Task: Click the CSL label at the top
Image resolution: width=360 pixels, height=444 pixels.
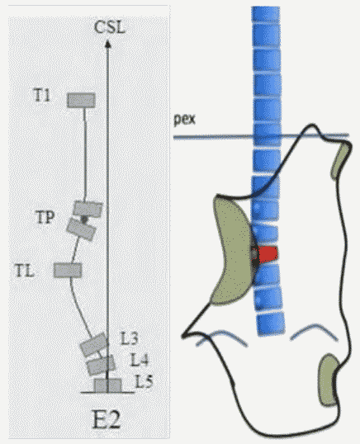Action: (x=109, y=28)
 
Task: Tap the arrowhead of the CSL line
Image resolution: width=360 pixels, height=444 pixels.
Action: (x=107, y=44)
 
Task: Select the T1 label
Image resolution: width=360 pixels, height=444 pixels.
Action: (x=42, y=96)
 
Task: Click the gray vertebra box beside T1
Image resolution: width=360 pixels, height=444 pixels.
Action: (x=81, y=100)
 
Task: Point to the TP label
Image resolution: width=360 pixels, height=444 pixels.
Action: (x=45, y=218)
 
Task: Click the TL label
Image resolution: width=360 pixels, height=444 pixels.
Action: (x=25, y=271)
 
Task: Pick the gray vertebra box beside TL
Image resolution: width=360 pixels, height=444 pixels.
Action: (x=68, y=270)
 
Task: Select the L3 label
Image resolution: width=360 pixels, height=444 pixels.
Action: (x=129, y=338)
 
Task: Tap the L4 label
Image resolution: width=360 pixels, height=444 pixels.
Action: (x=139, y=360)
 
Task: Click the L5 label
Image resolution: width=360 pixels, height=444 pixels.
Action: (x=144, y=381)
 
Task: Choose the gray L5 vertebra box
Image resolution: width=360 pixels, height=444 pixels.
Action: (x=107, y=385)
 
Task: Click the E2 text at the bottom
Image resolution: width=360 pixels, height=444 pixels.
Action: (x=107, y=419)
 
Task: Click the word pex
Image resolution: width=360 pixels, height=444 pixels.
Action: (x=184, y=120)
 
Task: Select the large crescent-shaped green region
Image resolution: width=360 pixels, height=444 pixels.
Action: (x=232, y=251)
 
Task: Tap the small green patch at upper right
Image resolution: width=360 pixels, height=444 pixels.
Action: (x=340, y=161)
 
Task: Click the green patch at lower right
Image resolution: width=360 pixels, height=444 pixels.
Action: (x=328, y=380)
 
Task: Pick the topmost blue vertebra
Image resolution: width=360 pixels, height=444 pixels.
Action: (x=266, y=13)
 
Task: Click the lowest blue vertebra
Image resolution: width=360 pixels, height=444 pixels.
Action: (x=271, y=324)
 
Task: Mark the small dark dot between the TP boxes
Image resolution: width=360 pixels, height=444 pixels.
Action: (x=84, y=219)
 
